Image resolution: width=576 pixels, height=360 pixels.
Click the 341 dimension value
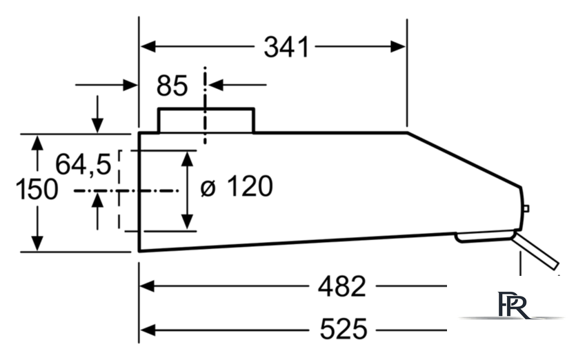click(286, 47)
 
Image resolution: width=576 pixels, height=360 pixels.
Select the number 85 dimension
click(172, 86)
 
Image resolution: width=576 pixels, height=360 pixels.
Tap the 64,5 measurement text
click(83, 164)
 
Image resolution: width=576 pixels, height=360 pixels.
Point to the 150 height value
click(37, 189)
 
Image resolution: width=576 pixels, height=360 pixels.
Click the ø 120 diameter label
click(237, 187)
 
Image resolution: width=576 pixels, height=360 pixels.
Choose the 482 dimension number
click(342, 286)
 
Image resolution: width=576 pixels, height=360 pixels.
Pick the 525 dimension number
click(344, 329)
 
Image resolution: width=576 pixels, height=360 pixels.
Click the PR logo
click(513, 305)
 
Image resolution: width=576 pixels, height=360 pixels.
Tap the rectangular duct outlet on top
click(206, 120)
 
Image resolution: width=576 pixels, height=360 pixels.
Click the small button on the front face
click(526, 209)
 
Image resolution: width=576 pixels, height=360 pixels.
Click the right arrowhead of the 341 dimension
click(398, 47)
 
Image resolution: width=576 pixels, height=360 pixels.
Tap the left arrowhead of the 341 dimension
click(148, 47)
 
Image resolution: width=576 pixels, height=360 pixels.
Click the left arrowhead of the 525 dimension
click(148, 330)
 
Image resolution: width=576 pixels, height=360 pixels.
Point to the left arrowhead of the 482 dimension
click(147, 286)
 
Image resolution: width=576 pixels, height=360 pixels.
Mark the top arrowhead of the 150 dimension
click(37, 143)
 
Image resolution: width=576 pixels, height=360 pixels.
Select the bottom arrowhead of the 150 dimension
click(37, 243)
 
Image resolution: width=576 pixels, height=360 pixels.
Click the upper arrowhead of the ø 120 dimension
click(188, 159)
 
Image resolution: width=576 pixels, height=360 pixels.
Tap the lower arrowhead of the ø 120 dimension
click(188, 221)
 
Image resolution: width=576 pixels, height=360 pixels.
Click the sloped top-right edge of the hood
click(464, 159)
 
